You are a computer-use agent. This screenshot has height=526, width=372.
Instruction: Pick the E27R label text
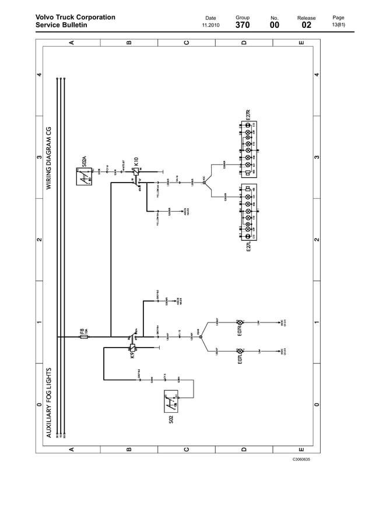click(x=248, y=115)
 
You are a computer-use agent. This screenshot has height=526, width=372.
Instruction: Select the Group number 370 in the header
click(x=242, y=26)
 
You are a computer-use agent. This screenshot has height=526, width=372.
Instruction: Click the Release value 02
click(x=306, y=26)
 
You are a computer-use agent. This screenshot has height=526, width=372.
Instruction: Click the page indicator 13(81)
click(x=338, y=26)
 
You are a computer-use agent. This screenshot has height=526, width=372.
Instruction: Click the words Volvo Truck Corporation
click(x=75, y=17)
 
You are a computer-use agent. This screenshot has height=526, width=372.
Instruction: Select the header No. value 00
click(x=274, y=26)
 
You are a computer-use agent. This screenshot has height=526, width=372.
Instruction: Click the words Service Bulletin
click(x=61, y=26)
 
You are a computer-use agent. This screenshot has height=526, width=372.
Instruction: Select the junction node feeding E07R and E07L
click(x=200, y=336)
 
